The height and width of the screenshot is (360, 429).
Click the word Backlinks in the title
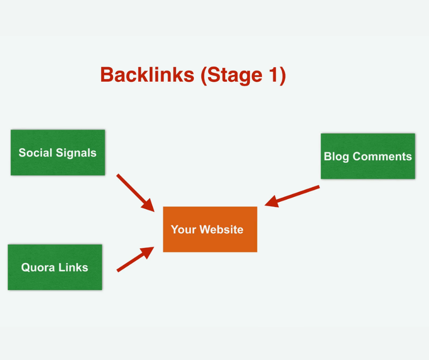(147, 74)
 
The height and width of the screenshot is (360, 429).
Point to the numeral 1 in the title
(274, 74)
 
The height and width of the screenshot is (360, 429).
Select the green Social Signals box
(58, 153)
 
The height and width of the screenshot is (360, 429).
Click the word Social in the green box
(35, 153)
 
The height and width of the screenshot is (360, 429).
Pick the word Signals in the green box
(76, 153)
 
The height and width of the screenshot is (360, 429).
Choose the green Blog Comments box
(368, 156)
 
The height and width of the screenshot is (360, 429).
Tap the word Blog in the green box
(336, 157)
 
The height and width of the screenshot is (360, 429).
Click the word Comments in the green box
(382, 156)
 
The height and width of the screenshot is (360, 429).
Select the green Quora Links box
(55, 267)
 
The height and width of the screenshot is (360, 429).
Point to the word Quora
(38, 267)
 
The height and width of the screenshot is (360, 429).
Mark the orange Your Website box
(210, 229)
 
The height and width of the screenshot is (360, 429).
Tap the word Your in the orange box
(183, 230)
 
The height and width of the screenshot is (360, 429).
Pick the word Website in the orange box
(221, 230)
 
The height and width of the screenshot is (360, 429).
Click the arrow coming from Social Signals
(136, 193)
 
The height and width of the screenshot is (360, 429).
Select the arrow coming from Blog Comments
(292, 196)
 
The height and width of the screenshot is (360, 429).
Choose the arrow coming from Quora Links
(136, 259)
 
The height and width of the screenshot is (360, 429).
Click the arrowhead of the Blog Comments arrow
(272, 201)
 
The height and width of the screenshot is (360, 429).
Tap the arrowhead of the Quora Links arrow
(147, 252)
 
